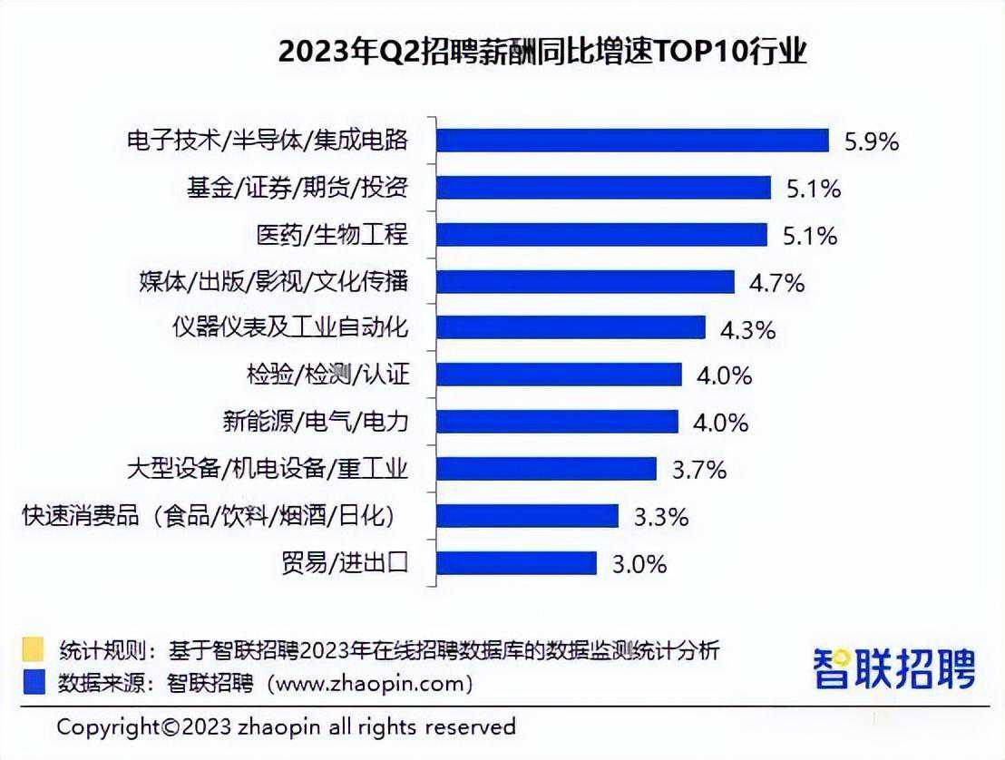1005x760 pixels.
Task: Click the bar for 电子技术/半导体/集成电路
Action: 632,140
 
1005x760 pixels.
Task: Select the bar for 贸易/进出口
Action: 516,563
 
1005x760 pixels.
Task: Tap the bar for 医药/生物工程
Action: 601,234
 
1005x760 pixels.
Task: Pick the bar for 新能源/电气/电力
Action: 557,422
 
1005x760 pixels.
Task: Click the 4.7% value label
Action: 776,283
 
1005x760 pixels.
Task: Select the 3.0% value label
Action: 639,564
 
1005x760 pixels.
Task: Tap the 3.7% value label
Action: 698,470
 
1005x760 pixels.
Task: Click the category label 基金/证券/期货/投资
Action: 297,188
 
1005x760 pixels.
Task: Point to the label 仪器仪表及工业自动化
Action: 290,327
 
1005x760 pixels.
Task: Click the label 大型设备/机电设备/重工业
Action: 268,469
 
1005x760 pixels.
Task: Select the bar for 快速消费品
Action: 527,516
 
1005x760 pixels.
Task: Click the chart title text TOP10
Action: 696,53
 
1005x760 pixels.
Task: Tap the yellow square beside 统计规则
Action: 34,649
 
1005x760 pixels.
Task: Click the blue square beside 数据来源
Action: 34,680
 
